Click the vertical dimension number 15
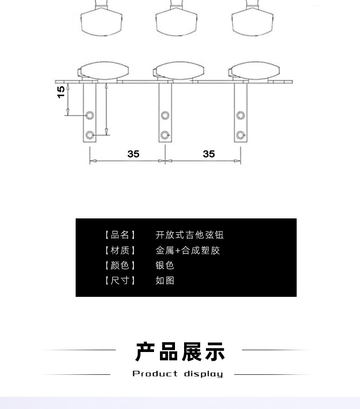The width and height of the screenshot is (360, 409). coord(61,93)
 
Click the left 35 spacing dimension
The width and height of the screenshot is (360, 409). coord(133,154)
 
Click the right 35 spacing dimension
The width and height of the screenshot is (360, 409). coord(209,154)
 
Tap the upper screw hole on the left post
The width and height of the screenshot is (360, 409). coord(90,114)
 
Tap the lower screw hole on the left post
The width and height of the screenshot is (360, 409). coord(90,135)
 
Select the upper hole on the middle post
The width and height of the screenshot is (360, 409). coord(165,114)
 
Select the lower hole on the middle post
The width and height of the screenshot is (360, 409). coord(165,135)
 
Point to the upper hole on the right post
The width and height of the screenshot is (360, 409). coord(241,114)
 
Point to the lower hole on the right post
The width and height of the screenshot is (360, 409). coord(241,135)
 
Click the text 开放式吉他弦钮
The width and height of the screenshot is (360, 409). coord(190,235)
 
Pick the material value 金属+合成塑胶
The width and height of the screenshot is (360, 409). coord(188,250)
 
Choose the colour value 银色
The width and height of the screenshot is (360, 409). coord(165,265)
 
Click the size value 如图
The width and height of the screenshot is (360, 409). coord(165,280)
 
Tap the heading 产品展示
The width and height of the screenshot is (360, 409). coord(180,352)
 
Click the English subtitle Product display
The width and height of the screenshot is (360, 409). coord(178,374)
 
